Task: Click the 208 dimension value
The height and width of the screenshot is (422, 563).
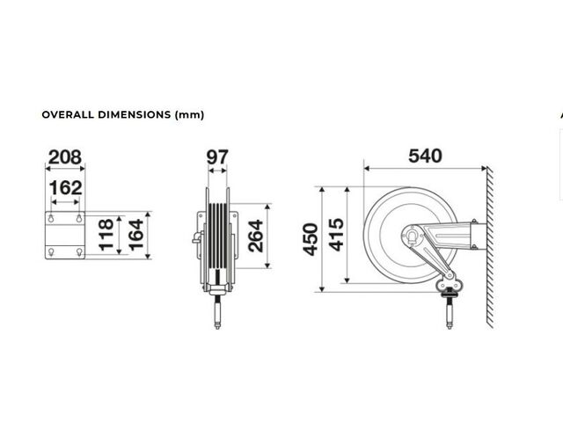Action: pos(65,157)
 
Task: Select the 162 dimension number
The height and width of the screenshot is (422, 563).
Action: pos(65,187)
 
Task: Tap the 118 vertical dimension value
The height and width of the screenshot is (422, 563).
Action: pos(106,235)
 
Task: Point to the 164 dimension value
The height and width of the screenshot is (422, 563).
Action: pos(136,235)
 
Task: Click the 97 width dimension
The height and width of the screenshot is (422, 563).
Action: pos(217,157)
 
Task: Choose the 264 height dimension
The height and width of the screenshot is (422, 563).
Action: pos(256,236)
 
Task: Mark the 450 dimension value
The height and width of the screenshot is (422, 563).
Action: pos(311,239)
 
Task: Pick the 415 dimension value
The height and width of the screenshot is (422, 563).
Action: pos(336,235)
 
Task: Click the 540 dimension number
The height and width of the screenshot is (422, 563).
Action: pos(425,156)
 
